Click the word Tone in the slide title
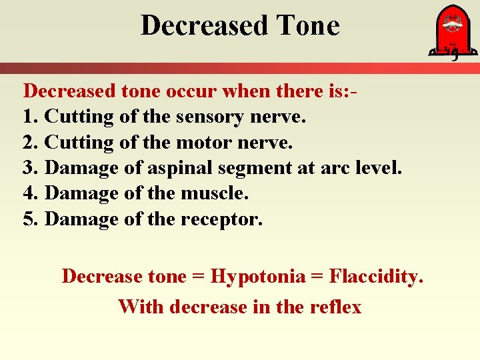pos(308,26)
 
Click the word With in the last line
pos(141,307)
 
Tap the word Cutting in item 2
pos(79,142)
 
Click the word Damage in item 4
pos(81,193)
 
